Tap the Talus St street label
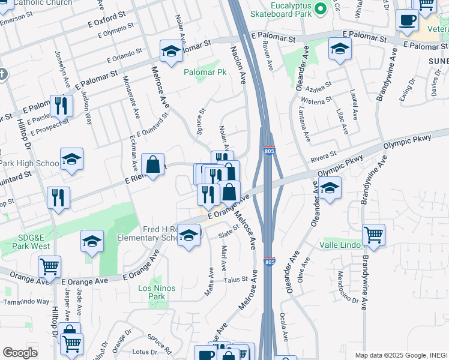(236, 279)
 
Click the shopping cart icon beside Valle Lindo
(373, 235)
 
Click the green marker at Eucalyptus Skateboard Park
(321, 8)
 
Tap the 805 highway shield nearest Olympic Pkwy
(268, 151)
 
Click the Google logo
(20, 353)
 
